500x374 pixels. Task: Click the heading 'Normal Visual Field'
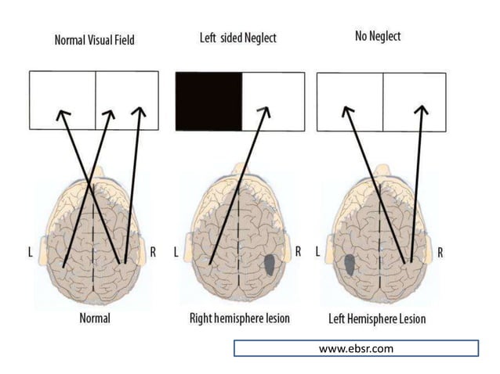point(93,39)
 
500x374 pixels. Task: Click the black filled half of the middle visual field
point(208,100)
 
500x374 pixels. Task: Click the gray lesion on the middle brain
point(271,265)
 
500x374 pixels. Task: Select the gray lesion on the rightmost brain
point(347,264)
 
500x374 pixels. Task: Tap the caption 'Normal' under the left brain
point(95,318)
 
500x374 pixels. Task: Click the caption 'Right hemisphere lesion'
point(240,319)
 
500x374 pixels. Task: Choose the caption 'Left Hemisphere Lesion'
point(377,320)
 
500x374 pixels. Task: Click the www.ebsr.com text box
point(355,348)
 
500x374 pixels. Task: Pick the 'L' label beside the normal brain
point(30,253)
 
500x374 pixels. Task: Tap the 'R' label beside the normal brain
point(152,253)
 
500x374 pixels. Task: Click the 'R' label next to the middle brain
point(298,252)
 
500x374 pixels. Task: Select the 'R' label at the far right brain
point(440,253)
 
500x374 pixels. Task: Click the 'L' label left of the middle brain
point(176,253)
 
